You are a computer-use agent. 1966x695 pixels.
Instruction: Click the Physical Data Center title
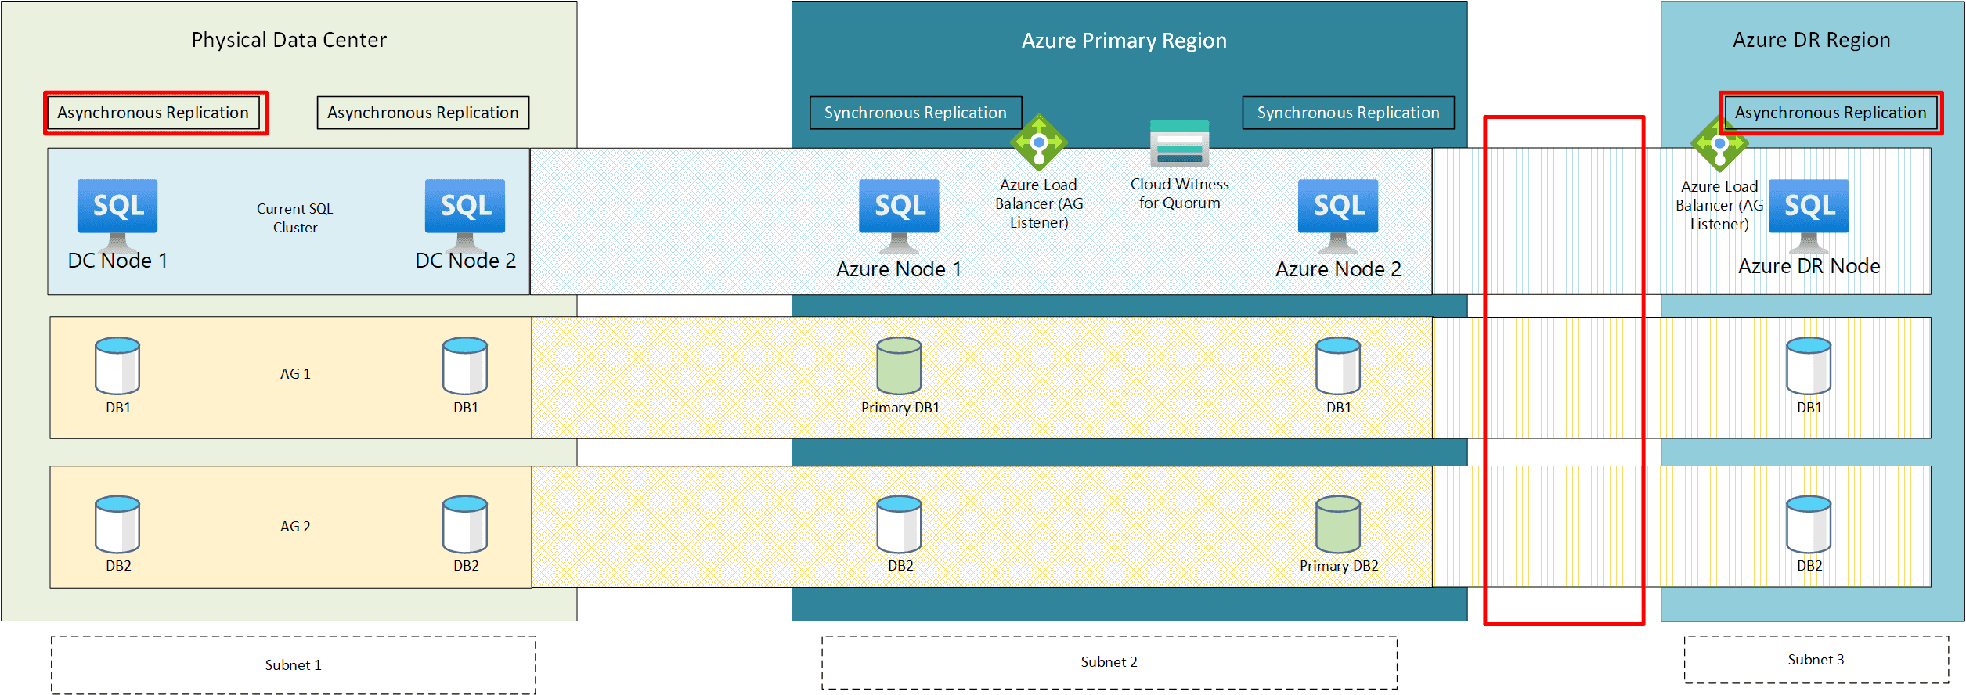point(289,40)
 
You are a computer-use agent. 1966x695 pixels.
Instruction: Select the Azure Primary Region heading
point(1124,41)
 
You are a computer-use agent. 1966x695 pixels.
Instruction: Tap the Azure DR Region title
point(1811,40)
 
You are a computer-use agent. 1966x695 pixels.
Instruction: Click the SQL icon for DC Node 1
point(117,212)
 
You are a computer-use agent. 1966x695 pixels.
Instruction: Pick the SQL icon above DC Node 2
point(465,212)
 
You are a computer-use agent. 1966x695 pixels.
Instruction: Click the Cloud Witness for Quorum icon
point(1179,142)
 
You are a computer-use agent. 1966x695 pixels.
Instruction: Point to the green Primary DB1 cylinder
point(899,366)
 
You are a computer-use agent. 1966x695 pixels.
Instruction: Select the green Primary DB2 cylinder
point(1338,524)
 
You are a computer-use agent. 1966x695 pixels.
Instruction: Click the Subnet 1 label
point(294,665)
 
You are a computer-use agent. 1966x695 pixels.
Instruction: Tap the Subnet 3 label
point(1816,660)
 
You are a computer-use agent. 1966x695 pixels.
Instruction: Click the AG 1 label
point(295,374)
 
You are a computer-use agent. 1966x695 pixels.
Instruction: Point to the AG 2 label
point(295,527)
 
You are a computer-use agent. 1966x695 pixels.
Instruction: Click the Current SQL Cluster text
point(295,218)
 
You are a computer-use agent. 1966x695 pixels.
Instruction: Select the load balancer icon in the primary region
point(1038,142)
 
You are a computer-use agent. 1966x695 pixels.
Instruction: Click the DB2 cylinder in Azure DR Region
point(1809,524)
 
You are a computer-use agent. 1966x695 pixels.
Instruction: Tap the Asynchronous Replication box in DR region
point(1831,113)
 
